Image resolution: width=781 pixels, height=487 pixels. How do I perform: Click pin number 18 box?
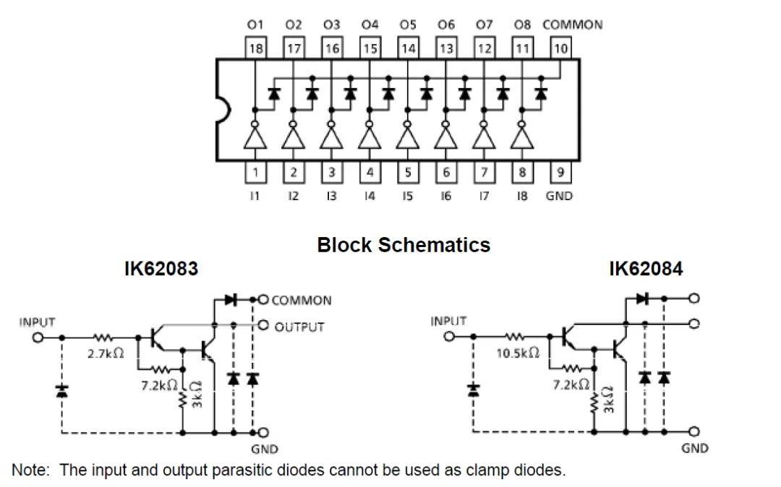click(255, 49)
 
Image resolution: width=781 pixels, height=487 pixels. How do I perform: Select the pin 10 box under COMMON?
click(561, 49)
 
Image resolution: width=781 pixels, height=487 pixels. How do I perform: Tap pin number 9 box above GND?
click(561, 172)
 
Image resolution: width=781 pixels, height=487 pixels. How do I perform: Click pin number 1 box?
click(255, 172)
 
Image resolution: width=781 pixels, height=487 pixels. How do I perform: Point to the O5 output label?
click(408, 25)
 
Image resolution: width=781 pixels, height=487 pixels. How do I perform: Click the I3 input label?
click(331, 196)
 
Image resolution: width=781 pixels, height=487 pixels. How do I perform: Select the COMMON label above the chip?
click(572, 25)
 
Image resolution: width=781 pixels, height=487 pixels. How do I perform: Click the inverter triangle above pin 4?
click(370, 137)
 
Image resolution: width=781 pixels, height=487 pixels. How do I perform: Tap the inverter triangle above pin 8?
click(522, 137)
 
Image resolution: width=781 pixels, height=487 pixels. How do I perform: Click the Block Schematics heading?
click(404, 245)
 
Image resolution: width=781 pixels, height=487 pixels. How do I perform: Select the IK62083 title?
click(162, 270)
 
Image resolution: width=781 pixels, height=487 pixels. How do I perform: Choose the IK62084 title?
click(645, 270)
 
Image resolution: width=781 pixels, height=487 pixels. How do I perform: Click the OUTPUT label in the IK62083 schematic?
click(299, 327)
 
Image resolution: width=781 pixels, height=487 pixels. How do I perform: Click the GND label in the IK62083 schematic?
click(265, 448)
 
